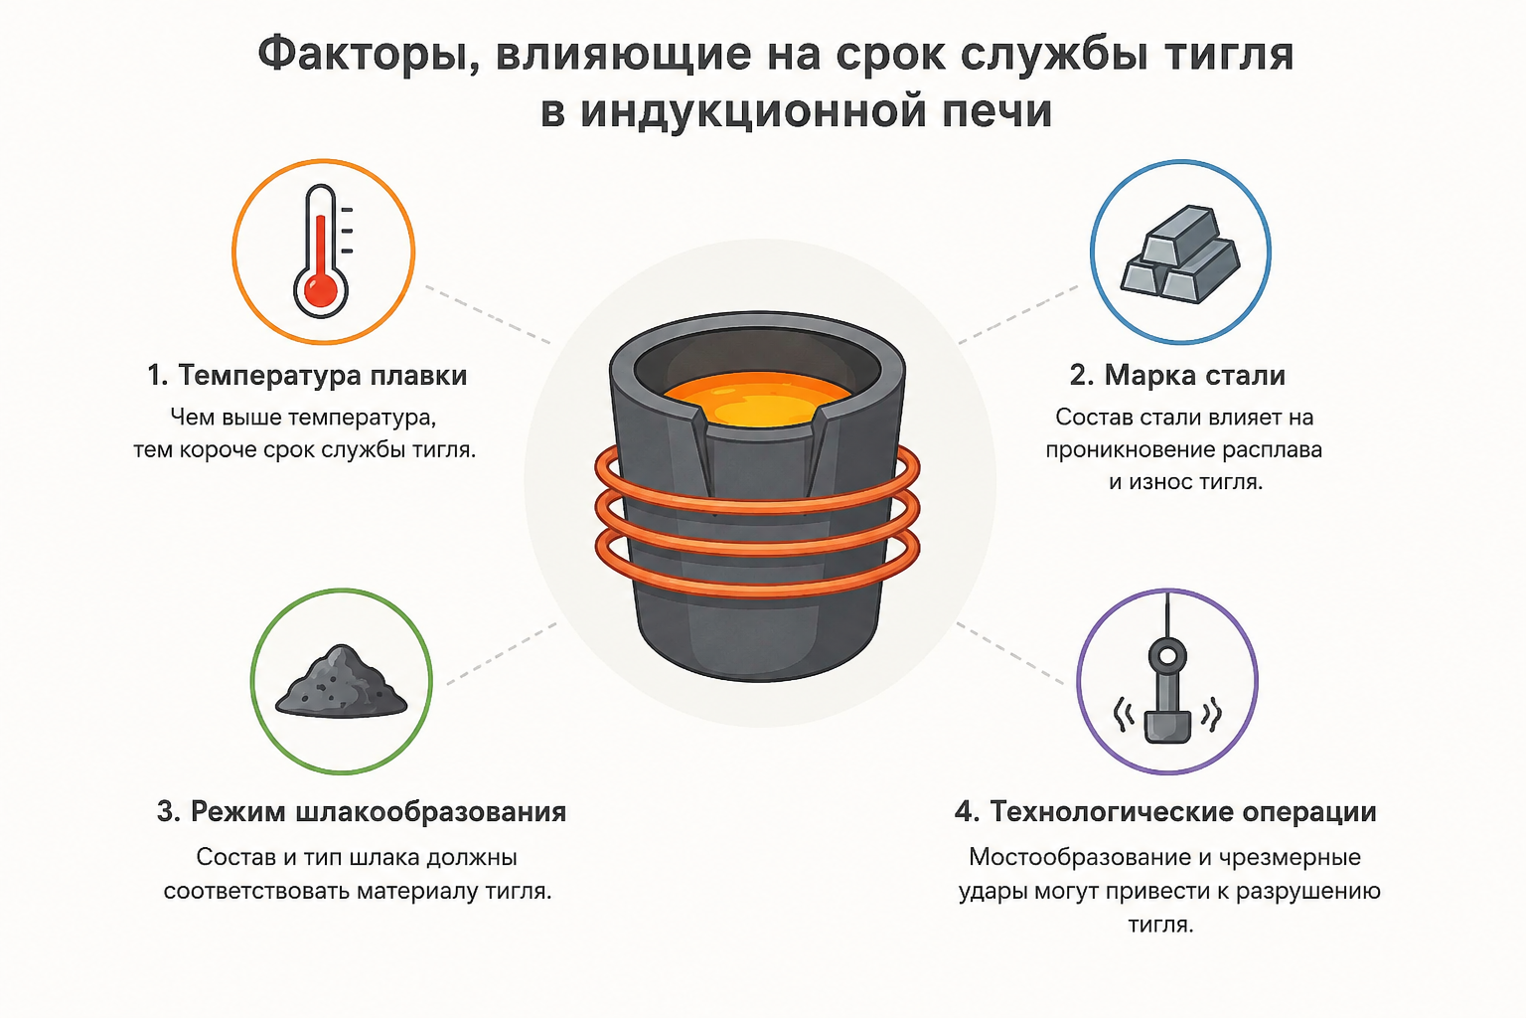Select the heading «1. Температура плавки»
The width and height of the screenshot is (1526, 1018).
click(307, 375)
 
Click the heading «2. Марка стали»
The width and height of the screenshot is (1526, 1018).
click(1177, 375)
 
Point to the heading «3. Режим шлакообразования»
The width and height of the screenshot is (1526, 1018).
click(362, 811)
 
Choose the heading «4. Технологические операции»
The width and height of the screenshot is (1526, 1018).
click(1165, 811)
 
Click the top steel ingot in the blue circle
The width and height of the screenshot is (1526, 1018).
click(1181, 234)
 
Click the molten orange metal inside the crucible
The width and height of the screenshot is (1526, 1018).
click(758, 399)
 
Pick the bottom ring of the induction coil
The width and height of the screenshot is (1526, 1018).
click(758, 588)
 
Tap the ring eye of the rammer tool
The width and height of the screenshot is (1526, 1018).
click(1167, 656)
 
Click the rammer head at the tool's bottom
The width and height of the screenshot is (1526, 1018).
click(1167, 727)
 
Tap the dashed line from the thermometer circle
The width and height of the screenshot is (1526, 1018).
click(488, 314)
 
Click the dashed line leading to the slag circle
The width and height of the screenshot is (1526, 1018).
click(502, 653)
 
